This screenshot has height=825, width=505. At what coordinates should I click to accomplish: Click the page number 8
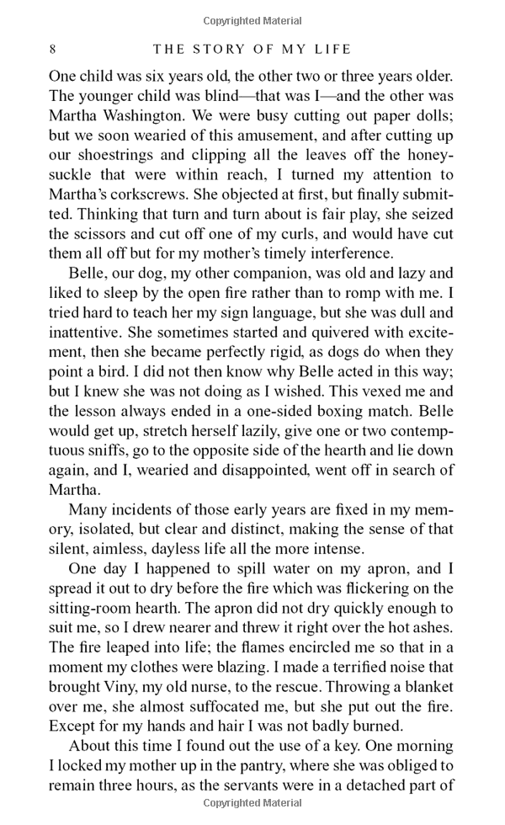coord(53,49)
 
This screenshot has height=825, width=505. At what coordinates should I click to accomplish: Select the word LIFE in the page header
coord(333,49)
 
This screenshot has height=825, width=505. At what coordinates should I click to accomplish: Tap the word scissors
coord(81,232)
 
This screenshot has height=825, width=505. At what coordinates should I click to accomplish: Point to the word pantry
coord(289,766)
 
